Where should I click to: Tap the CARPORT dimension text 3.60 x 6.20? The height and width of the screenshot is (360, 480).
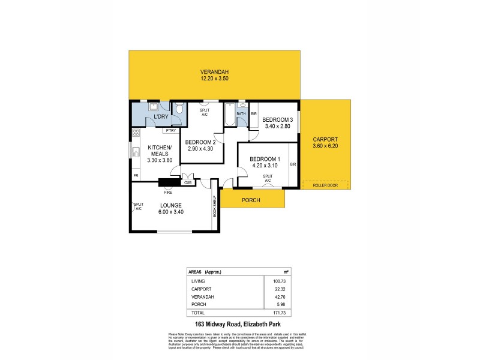point(326,146)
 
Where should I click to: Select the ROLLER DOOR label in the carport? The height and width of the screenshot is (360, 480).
point(325,185)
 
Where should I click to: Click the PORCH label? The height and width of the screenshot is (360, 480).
point(251,200)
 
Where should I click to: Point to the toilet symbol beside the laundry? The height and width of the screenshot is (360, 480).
point(179,109)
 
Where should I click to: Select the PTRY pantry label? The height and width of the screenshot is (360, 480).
point(171,130)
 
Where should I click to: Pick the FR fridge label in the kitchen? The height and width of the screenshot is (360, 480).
point(136,176)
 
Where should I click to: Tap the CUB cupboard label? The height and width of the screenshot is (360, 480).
point(187,183)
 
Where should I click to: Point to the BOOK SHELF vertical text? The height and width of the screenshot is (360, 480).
point(214,207)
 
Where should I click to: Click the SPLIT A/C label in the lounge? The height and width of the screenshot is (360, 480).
point(138,206)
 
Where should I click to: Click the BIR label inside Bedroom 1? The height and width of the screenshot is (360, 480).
point(293,164)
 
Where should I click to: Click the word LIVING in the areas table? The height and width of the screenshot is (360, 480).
point(197,280)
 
